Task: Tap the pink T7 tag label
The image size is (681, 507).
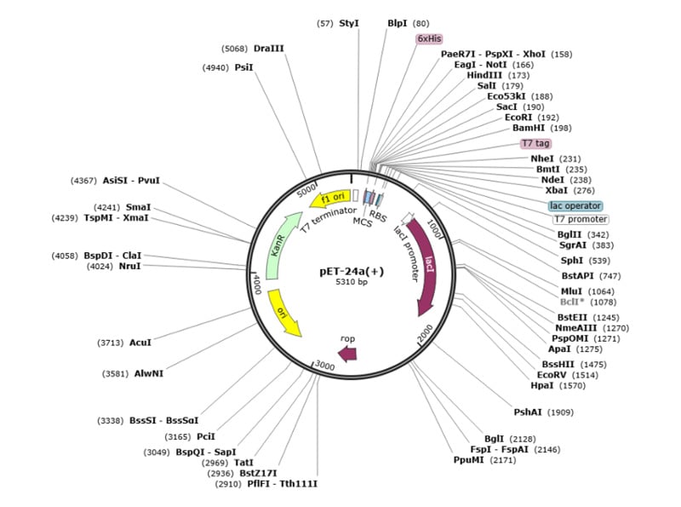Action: (535, 143)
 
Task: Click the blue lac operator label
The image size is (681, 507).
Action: (575, 205)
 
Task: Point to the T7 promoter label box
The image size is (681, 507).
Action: (581, 219)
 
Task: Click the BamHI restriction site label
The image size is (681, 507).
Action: (529, 128)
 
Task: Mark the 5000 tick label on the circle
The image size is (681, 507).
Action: (306, 193)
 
